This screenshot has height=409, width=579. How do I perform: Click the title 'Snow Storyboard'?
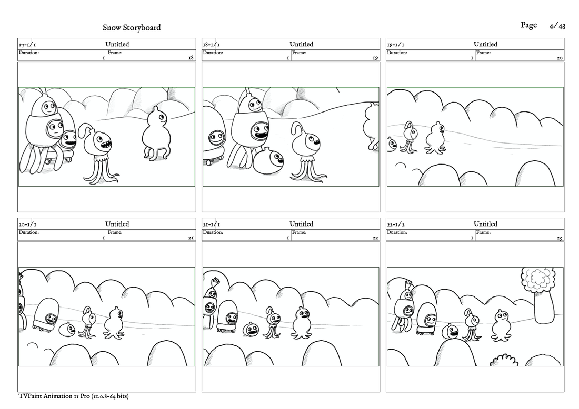point(132,28)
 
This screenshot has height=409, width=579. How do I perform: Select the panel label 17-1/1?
point(27,45)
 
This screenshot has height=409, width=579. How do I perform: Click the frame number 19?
point(375,58)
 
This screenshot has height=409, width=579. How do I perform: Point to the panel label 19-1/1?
point(395,45)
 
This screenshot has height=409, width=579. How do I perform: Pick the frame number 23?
point(560,238)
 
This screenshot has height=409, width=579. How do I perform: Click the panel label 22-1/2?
point(395,224)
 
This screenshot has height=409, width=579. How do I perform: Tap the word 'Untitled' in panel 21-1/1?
point(301,224)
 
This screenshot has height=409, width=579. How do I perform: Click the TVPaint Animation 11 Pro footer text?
point(73,396)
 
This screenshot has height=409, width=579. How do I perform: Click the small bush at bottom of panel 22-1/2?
point(504,361)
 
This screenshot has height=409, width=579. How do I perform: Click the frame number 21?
point(191,238)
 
